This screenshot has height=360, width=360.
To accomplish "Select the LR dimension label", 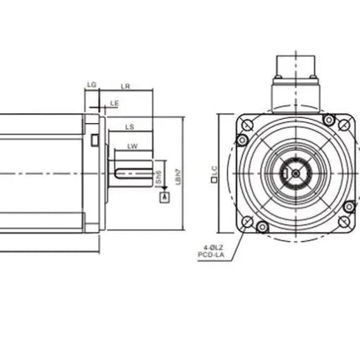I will tap(125, 85).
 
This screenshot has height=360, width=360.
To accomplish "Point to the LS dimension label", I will tap(130, 126).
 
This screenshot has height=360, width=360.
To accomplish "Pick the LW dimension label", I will tap(132, 147).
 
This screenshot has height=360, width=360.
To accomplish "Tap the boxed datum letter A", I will tap(163, 197).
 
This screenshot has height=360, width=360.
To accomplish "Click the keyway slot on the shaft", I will tap(132, 173).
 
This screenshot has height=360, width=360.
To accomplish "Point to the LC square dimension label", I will tap(214, 174).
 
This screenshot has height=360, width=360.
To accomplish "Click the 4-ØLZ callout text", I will tap(212, 247).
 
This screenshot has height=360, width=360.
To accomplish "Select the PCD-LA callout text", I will tap(211, 255).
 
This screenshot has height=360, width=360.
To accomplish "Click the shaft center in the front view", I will tap(296, 172).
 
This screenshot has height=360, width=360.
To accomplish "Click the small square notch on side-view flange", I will tap(95, 139).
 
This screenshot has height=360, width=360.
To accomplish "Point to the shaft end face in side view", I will tap(152, 173).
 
